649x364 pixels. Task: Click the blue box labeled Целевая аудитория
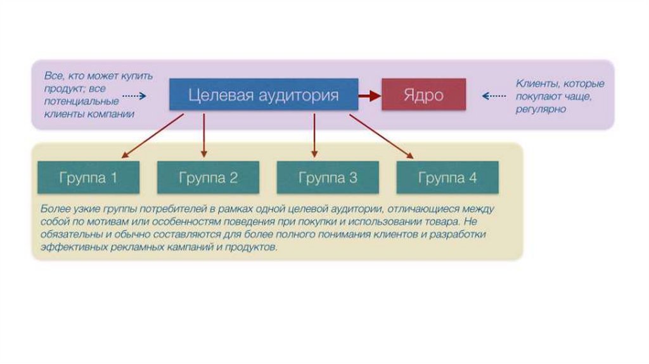point(263,95)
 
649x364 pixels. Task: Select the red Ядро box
point(423,95)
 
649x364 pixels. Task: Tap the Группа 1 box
point(88,178)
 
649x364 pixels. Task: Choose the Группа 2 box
point(208,178)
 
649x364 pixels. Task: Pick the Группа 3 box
point(328,178)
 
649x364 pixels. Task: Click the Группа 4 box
point(447,178)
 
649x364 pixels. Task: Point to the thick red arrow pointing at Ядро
point(369,95)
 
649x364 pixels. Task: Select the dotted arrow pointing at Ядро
point(494,96)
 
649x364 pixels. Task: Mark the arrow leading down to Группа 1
point(152,136)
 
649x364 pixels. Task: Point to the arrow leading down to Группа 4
point(381,136)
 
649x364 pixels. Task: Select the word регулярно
point(541,109)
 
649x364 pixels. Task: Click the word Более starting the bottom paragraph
point(54,208)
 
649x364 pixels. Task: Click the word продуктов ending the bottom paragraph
point(256,248)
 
